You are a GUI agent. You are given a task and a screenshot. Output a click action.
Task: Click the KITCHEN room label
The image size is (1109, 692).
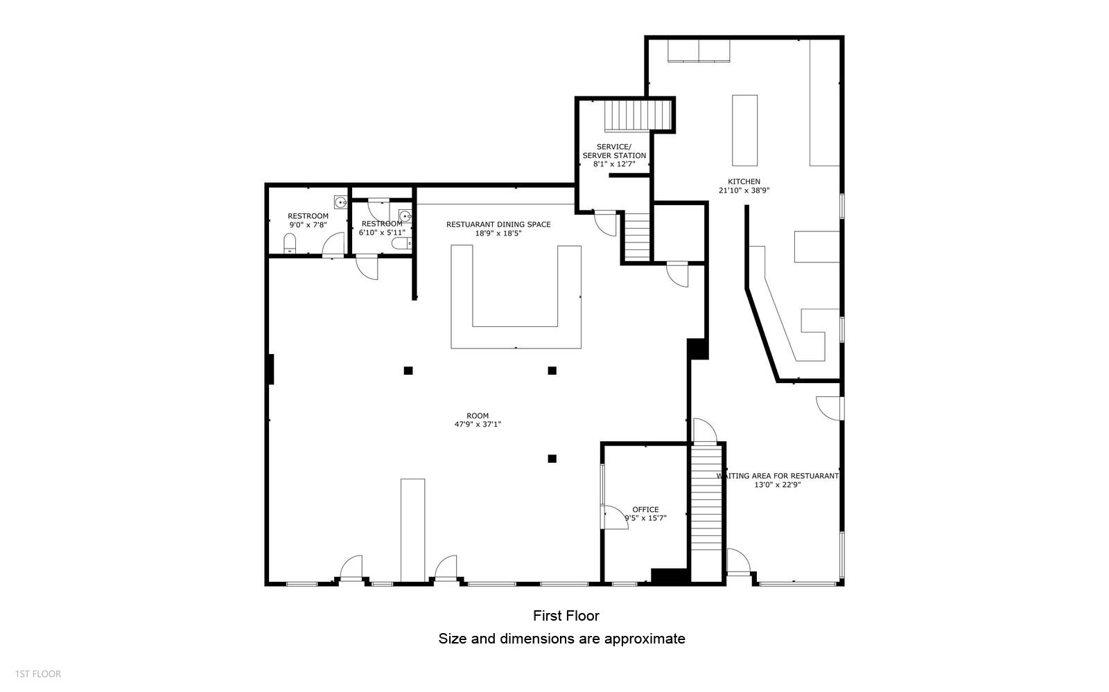coord(744,181)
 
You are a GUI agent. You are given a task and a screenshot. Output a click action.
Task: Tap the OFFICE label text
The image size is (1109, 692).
coord(645,510)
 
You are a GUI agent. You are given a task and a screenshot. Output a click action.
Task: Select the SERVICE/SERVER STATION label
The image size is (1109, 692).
coord(614,151)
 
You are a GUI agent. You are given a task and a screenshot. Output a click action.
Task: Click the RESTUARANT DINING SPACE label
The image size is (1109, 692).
coord(498,224)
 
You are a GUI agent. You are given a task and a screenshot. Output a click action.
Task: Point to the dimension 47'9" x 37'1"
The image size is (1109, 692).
coord(478,425)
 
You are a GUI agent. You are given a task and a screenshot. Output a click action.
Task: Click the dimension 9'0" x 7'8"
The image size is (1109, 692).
coord(308,225)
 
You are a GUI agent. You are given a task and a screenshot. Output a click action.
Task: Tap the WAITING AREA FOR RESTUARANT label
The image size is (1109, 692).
coord(777,476)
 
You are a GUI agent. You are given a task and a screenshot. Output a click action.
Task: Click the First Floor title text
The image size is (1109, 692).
coord(566,615)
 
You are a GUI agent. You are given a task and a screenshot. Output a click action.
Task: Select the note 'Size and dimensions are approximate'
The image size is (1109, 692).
coord(561,639)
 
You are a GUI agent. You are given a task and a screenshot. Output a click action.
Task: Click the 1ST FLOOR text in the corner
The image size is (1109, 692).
coord(38,674)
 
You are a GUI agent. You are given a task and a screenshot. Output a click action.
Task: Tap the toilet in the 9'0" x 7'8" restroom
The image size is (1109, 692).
coord(290,243)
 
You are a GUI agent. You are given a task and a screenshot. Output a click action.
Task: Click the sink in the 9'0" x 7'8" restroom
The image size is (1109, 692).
coord(340,202)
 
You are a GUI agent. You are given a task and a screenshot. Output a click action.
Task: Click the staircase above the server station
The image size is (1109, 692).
coord(638,115)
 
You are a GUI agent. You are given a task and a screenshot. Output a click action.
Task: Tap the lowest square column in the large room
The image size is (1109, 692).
coord(552,459)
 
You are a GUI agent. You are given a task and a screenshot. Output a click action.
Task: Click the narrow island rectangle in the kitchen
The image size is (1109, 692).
coord(744,130)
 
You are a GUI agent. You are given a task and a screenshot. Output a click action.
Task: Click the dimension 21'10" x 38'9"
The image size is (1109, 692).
coord(744,190)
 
